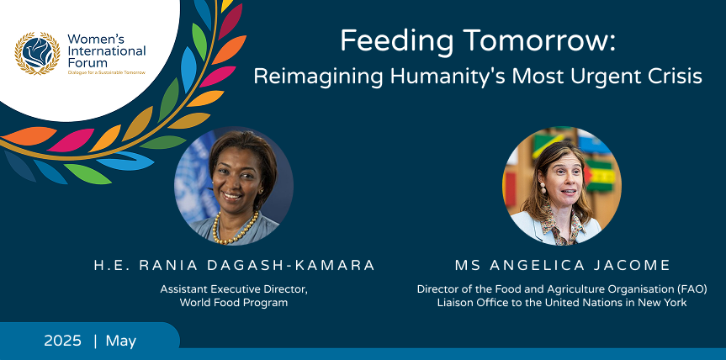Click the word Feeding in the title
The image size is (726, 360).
[x=396, y=41]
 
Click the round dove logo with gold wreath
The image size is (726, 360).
[x=37, y=53]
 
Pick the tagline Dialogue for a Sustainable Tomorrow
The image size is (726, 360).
[x=107, y=72]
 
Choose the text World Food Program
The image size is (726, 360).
[x=234, y=303]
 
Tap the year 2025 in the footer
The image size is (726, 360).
[x=62, y=341]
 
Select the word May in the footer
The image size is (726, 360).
[x=121, y=341]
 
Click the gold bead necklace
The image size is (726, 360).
[x=235, y=228]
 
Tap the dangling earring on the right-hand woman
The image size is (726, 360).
[x=543, y=188]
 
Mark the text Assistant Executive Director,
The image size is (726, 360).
[x=234, y=289]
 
